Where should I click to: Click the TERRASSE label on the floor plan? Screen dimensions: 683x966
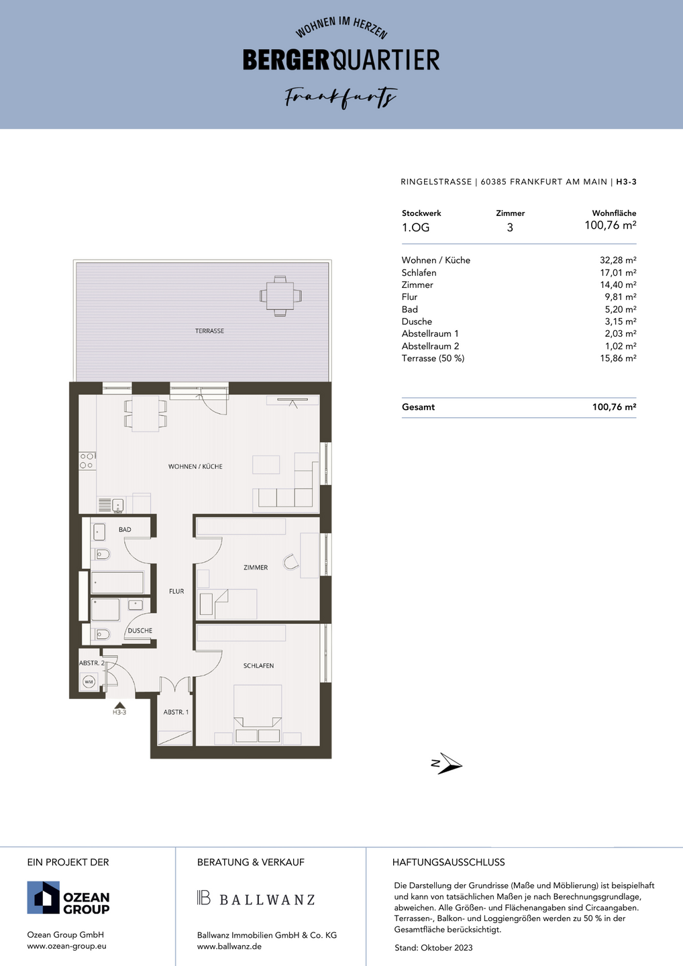pos(209,331)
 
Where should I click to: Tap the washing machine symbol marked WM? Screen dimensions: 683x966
pos(89,682)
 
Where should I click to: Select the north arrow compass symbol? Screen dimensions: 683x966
pos(446,764)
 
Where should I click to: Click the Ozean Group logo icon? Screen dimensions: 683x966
pos(43,898)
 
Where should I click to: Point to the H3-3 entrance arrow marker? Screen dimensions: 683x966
pos(119,705)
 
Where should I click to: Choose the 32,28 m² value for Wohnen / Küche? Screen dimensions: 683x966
pos(618,260)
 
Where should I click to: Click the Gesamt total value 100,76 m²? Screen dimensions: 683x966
pos(614,407)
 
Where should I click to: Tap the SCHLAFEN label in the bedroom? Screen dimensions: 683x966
pos(258,666)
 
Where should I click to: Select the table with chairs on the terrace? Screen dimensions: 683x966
pos(280,297)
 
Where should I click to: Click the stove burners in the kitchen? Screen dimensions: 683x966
pos(87,461)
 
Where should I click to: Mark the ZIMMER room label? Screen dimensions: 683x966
pos(256,568)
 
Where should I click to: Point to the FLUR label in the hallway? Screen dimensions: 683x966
pos(176,591)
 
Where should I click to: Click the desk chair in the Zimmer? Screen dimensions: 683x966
pos(291,562)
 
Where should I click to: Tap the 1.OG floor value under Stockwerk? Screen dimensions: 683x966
pos(416,227)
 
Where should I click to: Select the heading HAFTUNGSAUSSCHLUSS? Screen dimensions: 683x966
pos(448,862)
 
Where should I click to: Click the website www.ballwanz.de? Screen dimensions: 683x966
pos(229,946)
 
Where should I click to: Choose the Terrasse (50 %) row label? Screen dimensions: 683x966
pos(433,358)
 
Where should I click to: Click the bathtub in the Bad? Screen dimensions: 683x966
pos(117,582)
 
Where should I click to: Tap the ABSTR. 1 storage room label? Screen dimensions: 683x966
pos(176,712)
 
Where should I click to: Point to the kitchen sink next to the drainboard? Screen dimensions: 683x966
pos(118,505)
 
